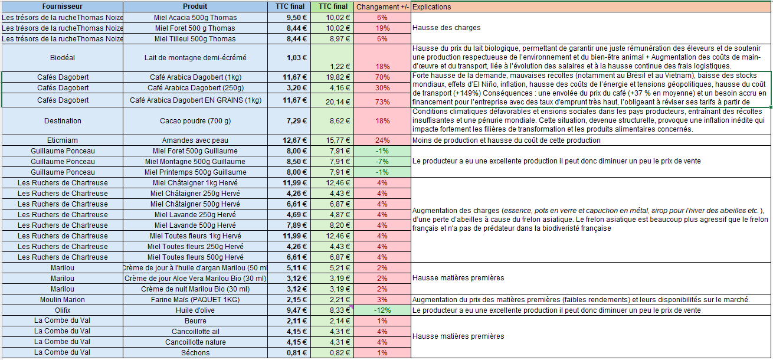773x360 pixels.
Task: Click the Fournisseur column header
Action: point(62,7)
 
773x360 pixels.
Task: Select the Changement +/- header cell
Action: point(382,7)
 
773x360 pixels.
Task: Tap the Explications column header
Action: point(431,7)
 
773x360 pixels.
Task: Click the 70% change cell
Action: point(382,77)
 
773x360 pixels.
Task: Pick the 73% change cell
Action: point(382,101)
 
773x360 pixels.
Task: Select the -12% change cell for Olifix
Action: point(382,310)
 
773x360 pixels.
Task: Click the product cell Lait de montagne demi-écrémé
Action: point(195,58)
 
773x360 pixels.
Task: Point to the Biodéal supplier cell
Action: point(62,58)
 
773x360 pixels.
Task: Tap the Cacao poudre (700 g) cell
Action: point(195,121)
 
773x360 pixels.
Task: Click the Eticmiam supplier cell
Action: point(62,140)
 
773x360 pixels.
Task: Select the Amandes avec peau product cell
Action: point(195,140)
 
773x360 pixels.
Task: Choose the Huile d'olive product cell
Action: point(195,310)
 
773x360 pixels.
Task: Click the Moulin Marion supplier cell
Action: point(62,300)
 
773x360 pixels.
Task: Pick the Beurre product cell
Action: point(195,321)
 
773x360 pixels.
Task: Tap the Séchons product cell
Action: point(195,353)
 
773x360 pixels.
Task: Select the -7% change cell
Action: point(382,162)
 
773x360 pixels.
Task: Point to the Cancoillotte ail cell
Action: point(195,332)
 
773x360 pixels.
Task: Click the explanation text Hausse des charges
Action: point(446,28)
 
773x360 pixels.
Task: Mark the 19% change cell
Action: point(382,28)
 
